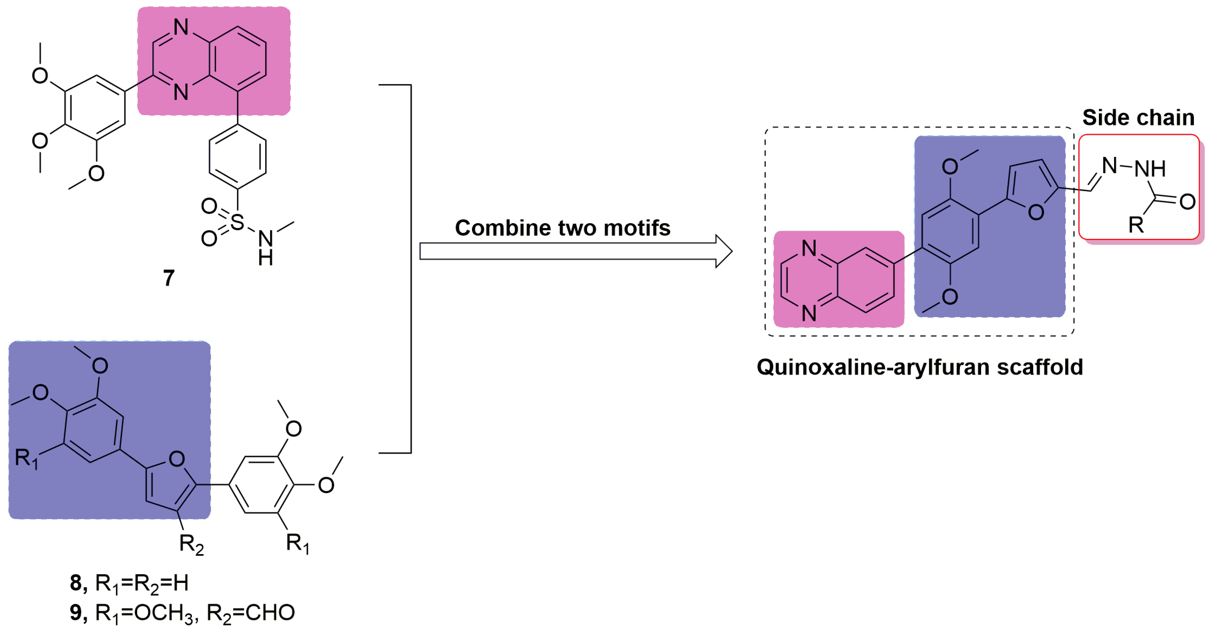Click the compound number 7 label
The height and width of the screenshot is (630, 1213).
coord(169,278)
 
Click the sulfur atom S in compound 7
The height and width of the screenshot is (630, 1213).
coord(237,222)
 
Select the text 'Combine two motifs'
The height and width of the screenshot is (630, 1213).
coord(562,228)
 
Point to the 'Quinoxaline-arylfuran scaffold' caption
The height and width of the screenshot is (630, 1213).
coord(920,367)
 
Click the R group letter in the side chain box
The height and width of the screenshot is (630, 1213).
coord(1136,225)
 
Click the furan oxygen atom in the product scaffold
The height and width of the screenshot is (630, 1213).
coord(1036,213)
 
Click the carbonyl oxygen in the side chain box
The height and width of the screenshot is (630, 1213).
coord(1187,202)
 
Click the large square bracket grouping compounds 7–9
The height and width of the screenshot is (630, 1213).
coord(410,269)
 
